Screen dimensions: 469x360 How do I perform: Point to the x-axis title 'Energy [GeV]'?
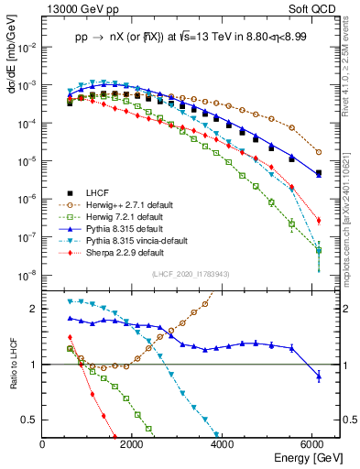[x=302, y=458]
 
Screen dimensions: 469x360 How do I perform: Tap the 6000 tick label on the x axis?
[x=313, y=445]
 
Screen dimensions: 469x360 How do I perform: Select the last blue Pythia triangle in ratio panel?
[x=318, y=376]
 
